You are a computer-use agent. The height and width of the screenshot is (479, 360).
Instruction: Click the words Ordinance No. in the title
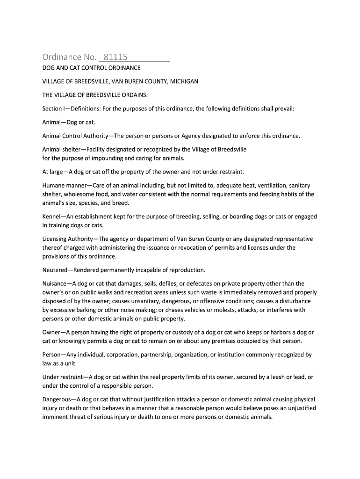pos(69,58)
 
